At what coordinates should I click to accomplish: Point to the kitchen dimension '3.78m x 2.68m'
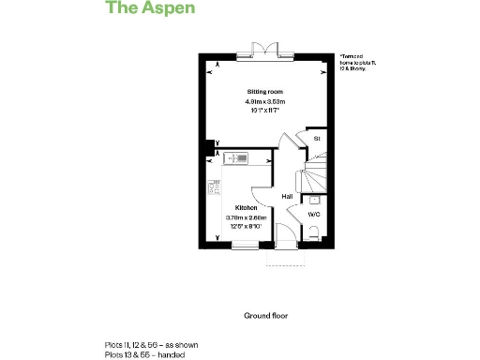point(247,217)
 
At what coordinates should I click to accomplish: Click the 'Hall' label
point(287,196)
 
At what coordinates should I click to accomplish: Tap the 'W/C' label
point(315,215)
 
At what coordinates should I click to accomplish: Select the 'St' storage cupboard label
point(317,139)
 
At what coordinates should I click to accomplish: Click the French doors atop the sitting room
point(262,49)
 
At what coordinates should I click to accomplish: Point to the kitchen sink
point(236,158)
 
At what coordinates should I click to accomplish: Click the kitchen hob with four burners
point(214,183)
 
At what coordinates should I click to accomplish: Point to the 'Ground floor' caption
point(264,316)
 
